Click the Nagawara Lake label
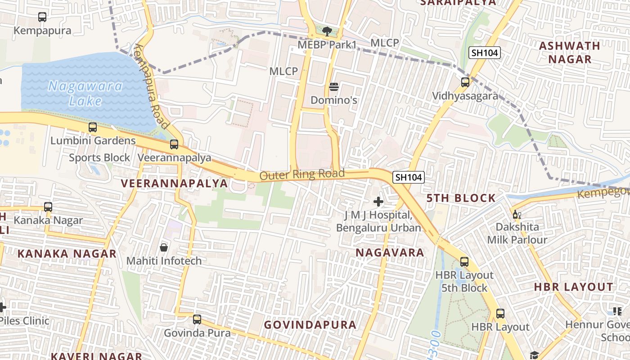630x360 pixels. coord(85,93)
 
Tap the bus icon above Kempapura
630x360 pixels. coord(42,17)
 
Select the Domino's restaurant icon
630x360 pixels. coord(333,86)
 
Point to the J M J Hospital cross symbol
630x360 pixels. coord(378,201)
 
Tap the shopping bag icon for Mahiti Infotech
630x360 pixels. coord(164,247)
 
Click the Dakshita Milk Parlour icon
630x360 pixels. coord(517,214)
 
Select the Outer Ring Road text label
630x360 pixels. coord(302,175)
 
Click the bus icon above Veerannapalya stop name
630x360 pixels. coord(174,144)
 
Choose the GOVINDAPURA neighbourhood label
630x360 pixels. coord(310,325)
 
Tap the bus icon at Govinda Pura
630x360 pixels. coord(197,319)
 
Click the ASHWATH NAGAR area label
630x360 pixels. coord(570,52)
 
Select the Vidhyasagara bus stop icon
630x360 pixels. coord(465,82)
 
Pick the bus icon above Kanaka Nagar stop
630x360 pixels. coord(48,207)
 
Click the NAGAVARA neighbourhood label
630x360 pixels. coord(390,253)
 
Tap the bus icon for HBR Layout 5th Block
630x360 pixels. coord(464,261)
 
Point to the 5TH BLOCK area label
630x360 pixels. coord(461,198)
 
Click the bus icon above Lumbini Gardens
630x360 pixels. coord(93,127)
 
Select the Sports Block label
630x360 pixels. coord(99,158)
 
